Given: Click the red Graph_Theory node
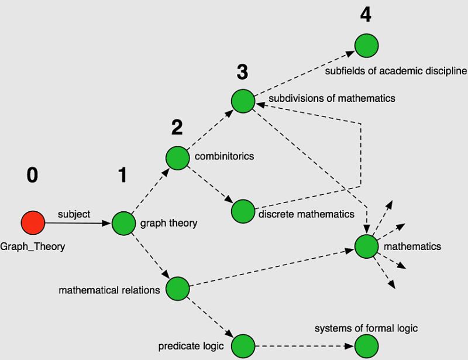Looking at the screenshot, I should [x=33, y=222].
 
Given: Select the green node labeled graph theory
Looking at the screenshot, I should [x=123, y=223].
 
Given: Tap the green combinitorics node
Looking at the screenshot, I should [x=177, y=157].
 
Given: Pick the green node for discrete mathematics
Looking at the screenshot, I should [x=243, y=211].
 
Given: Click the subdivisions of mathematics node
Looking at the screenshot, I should [x=243, y=101].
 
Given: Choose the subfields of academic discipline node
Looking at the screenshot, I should [x=366, y=46].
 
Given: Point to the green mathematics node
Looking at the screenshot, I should [x=367, y=246].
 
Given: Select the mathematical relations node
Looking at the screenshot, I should [x=178, y=289].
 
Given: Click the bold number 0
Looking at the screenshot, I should [x=33, y=175].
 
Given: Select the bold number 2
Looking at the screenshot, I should [x=177, y=127].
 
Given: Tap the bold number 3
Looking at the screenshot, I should [x=242, y=72].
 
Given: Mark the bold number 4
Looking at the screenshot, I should [x=366, y=15].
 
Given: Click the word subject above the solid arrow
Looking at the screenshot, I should [x=74, y=214].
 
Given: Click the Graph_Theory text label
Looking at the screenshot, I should [x=33, y=246].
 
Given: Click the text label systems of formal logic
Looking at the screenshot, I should [x=366, y=328].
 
